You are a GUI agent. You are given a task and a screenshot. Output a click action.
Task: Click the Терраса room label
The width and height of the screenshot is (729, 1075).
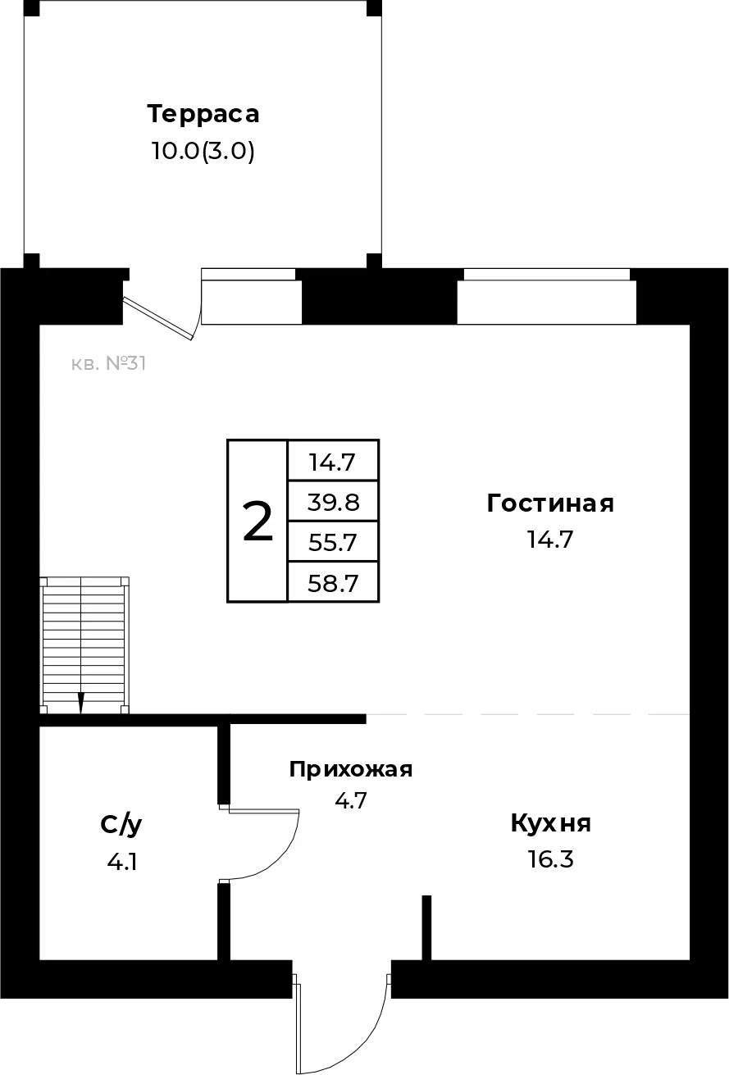tap(203, 114)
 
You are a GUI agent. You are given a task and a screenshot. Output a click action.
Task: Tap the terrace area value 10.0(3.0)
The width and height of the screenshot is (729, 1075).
tap(203, 152)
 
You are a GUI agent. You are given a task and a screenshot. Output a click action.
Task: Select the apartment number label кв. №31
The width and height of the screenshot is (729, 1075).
tap(108, 363)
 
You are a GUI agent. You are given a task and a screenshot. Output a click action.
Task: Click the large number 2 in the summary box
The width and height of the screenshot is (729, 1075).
tap(257, 522)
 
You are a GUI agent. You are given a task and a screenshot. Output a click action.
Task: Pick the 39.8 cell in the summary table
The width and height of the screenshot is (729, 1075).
tap(333, 501)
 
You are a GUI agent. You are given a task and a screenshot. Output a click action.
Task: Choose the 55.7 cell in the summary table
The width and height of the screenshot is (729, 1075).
tap(333, 542)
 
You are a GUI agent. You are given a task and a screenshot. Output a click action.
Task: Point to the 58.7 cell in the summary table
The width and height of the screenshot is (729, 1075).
tap(333, 583)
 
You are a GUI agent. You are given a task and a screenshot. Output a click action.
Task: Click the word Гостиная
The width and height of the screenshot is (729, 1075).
tap(550, 503)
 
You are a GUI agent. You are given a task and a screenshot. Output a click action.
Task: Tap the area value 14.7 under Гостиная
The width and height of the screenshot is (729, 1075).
tap(550, 540)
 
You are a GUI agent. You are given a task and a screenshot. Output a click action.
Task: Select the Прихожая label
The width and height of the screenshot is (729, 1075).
tap(351, 769)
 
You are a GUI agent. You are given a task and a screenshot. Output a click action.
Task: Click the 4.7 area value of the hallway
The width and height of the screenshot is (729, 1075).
tap(351, 799)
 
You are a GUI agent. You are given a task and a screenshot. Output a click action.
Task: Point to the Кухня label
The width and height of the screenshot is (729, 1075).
tap(550, 823)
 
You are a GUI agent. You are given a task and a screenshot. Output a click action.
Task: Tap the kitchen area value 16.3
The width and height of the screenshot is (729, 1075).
tap(550, 860)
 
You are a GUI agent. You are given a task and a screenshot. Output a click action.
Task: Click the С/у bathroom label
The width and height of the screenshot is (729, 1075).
tap(121, 825)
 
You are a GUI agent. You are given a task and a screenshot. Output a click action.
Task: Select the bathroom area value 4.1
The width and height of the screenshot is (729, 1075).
tap(121, 862)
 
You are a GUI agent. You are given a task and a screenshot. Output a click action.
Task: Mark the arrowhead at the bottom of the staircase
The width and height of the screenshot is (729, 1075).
tap(81, 704)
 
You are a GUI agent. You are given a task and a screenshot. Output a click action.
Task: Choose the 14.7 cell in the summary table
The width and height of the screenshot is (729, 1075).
tap(333, 462)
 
